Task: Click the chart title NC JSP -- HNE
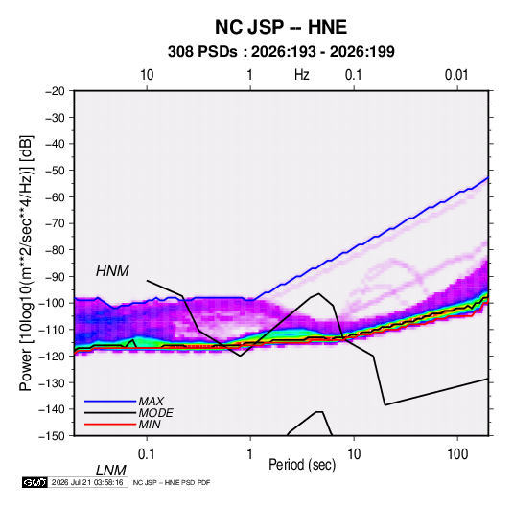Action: coord(281,27)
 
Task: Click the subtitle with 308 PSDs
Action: coord(281,52)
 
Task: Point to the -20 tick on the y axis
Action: coord(55,91)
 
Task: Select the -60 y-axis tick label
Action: coord(55,196)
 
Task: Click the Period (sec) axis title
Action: coord(302,465)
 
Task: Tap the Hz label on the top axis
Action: coord(302,75)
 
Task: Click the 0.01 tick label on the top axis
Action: coord(456,75)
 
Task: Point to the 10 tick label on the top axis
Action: coord(147,75)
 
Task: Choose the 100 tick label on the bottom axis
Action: coord(457,454)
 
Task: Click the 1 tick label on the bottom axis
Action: coord(250,454)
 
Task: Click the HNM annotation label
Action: coord(112,271)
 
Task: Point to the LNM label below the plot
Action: coord(110,471)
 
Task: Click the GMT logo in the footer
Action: coord(35,482)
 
